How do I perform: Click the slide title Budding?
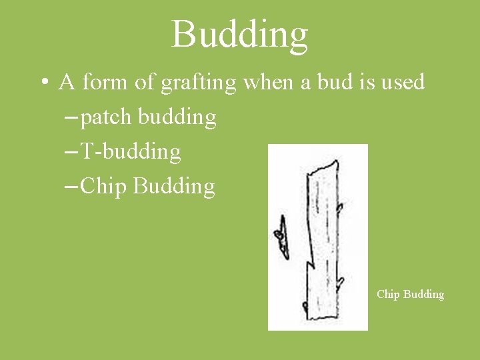pos(240,34)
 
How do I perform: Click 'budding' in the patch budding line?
pos(177,117)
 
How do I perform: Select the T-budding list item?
pos(130,152)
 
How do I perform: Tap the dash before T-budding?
pos(70,153)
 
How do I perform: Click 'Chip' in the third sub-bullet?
pos(103,187)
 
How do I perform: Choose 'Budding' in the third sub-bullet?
pos(174,186)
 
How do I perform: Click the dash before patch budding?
pos(70,118)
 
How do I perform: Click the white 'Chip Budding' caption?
pos(410,294)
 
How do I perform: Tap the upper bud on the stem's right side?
pos(339,207)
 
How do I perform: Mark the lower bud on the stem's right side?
pos(341,283)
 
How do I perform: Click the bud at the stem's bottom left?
pos(305,308)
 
